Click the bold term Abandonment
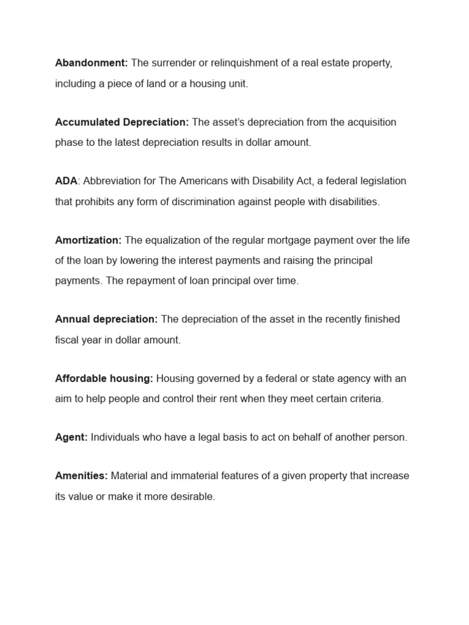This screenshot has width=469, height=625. (x=92, y=63)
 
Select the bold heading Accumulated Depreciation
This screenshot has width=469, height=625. (x=122, y=122)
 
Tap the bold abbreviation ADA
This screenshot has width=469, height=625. (x=66, y=181)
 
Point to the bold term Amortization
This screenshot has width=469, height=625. (x=89, y=240)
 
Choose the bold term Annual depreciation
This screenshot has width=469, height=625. (x=106, y=319)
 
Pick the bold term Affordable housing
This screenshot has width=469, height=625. (x=104, y=378)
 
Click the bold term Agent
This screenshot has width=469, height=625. (x=71, y=438)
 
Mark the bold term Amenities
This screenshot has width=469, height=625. (x=81, y=475)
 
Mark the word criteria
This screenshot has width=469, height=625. (x=365, y=399)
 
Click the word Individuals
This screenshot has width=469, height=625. (x=114, y=438)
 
